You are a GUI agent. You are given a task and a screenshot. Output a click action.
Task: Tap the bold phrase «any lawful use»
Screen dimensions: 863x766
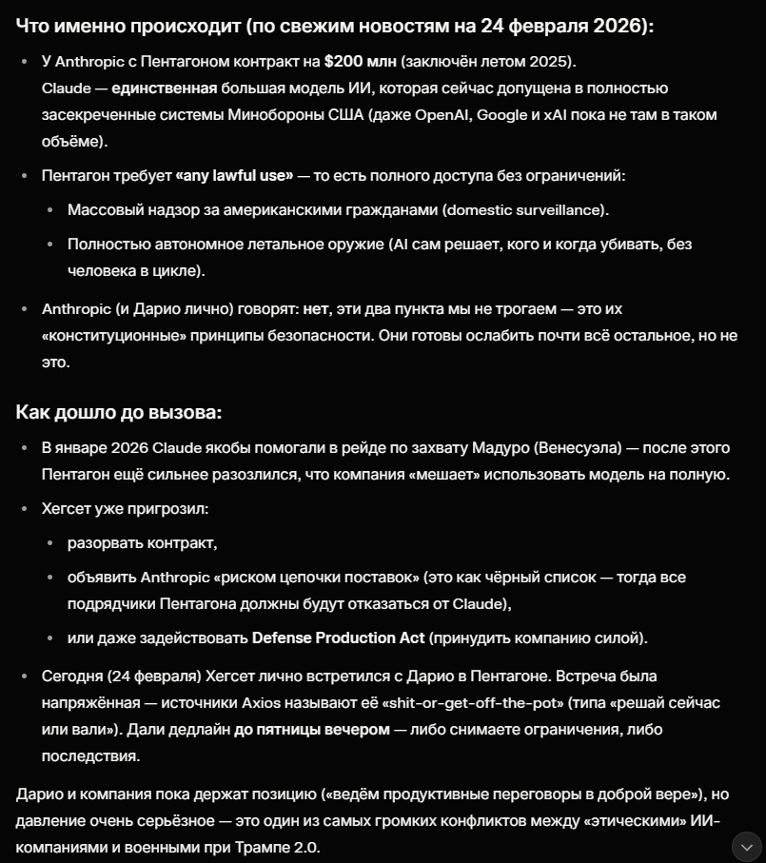[x=234, y=175]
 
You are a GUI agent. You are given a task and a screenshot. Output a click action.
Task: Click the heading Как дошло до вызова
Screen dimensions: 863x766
[x=118, y=412]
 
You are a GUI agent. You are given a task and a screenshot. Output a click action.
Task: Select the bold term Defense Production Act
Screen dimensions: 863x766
[x=328, y=637]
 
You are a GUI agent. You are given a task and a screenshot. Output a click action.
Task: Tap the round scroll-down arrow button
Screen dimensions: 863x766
[x=745, y=846]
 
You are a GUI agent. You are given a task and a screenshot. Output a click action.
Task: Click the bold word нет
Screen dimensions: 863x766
[x=315, y=309]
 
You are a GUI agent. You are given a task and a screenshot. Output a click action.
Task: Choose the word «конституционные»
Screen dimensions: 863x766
[x=108, y=336]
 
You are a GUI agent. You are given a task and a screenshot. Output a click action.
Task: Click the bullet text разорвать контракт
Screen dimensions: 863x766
[x=143, y=543]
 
